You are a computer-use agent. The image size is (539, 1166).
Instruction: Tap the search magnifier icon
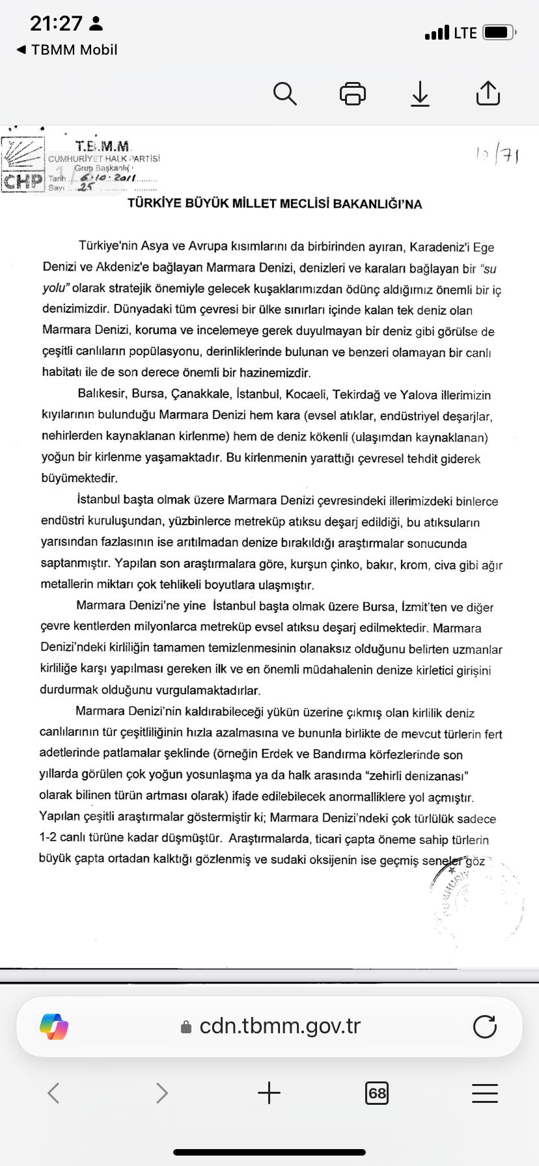click(284, 94)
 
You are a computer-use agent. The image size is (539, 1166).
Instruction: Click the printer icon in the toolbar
click(353, 94)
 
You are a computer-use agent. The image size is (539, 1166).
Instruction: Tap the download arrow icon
click(421, 94)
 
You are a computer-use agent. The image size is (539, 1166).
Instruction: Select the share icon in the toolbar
click(488, 93)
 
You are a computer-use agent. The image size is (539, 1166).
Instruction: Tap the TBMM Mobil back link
click(67, 49)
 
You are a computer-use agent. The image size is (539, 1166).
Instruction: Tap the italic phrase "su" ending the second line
click(489, 268)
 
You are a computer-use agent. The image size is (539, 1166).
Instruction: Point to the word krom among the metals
click(414, 565)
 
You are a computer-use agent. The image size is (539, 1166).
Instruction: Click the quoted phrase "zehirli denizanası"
click(418, 776)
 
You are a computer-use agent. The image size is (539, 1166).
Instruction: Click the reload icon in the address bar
click(484, 1026)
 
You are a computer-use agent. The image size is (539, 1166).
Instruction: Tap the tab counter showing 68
click(377, 1092)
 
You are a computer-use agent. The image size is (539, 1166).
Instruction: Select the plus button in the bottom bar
click(269, 1092)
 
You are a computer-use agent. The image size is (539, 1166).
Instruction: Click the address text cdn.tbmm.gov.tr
click(280, 1026)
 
